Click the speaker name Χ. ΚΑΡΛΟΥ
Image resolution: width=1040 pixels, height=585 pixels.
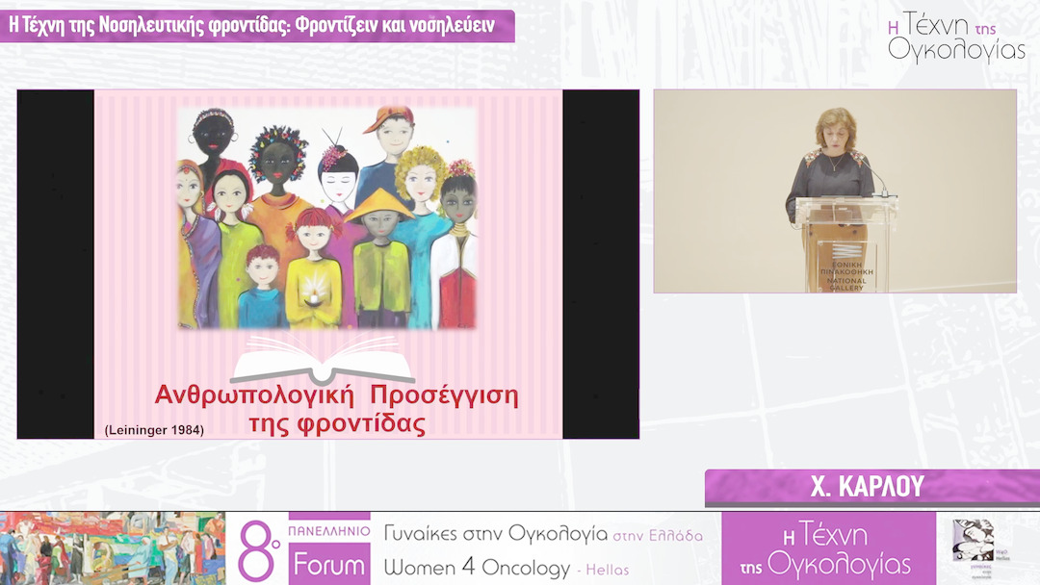point(868,487)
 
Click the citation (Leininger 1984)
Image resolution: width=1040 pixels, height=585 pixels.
point(154,430)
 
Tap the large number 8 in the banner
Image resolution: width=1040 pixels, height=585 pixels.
point(253,549)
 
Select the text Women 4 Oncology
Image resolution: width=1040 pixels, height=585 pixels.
point(477,568)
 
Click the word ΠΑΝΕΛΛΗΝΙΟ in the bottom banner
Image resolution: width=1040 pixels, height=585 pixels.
point(328,529)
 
